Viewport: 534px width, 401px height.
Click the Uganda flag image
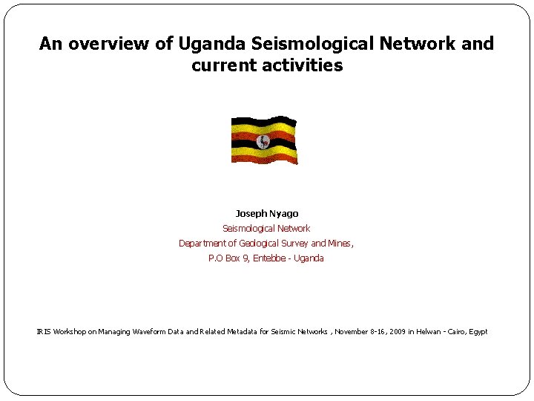(263, 140)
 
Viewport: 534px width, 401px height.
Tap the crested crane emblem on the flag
(263, 141)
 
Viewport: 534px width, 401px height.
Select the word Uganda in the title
(210, 44)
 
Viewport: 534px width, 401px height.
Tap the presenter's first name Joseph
(250, 214)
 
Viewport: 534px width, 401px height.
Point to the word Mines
(340, 244)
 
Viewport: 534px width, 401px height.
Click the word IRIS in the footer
(44, 332)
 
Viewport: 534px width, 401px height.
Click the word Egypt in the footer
(478, 332)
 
